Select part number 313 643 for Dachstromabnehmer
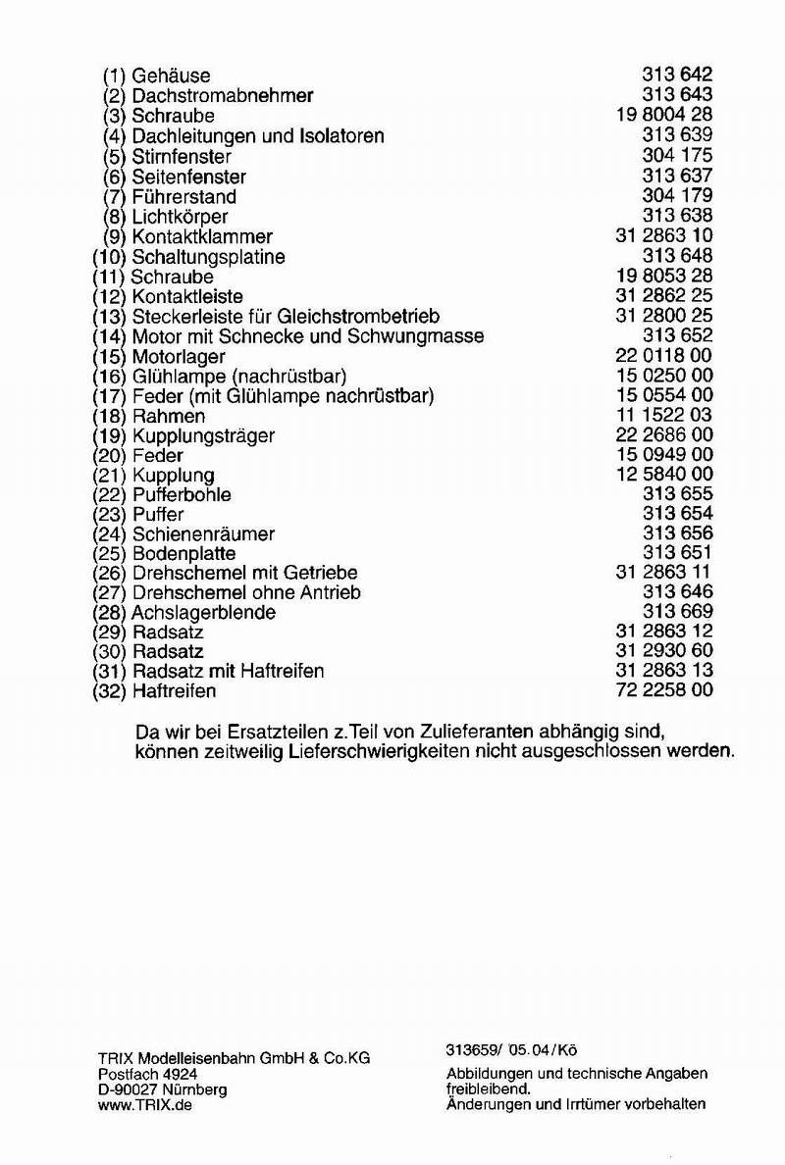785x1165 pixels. click(677, 95)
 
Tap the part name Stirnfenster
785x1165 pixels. click(182, 156)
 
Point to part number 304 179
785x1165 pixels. click(677, 196)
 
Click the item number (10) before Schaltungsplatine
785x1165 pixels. click(107, 257)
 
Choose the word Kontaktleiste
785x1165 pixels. click(187, 296)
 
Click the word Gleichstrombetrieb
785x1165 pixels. click(358, 317)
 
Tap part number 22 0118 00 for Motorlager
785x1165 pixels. click(664, 356)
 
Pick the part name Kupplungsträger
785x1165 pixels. click(203, 435)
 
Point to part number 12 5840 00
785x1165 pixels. click(664, 475)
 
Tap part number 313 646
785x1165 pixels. click(677, 592)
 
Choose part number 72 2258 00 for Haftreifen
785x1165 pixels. click(664, 690)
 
